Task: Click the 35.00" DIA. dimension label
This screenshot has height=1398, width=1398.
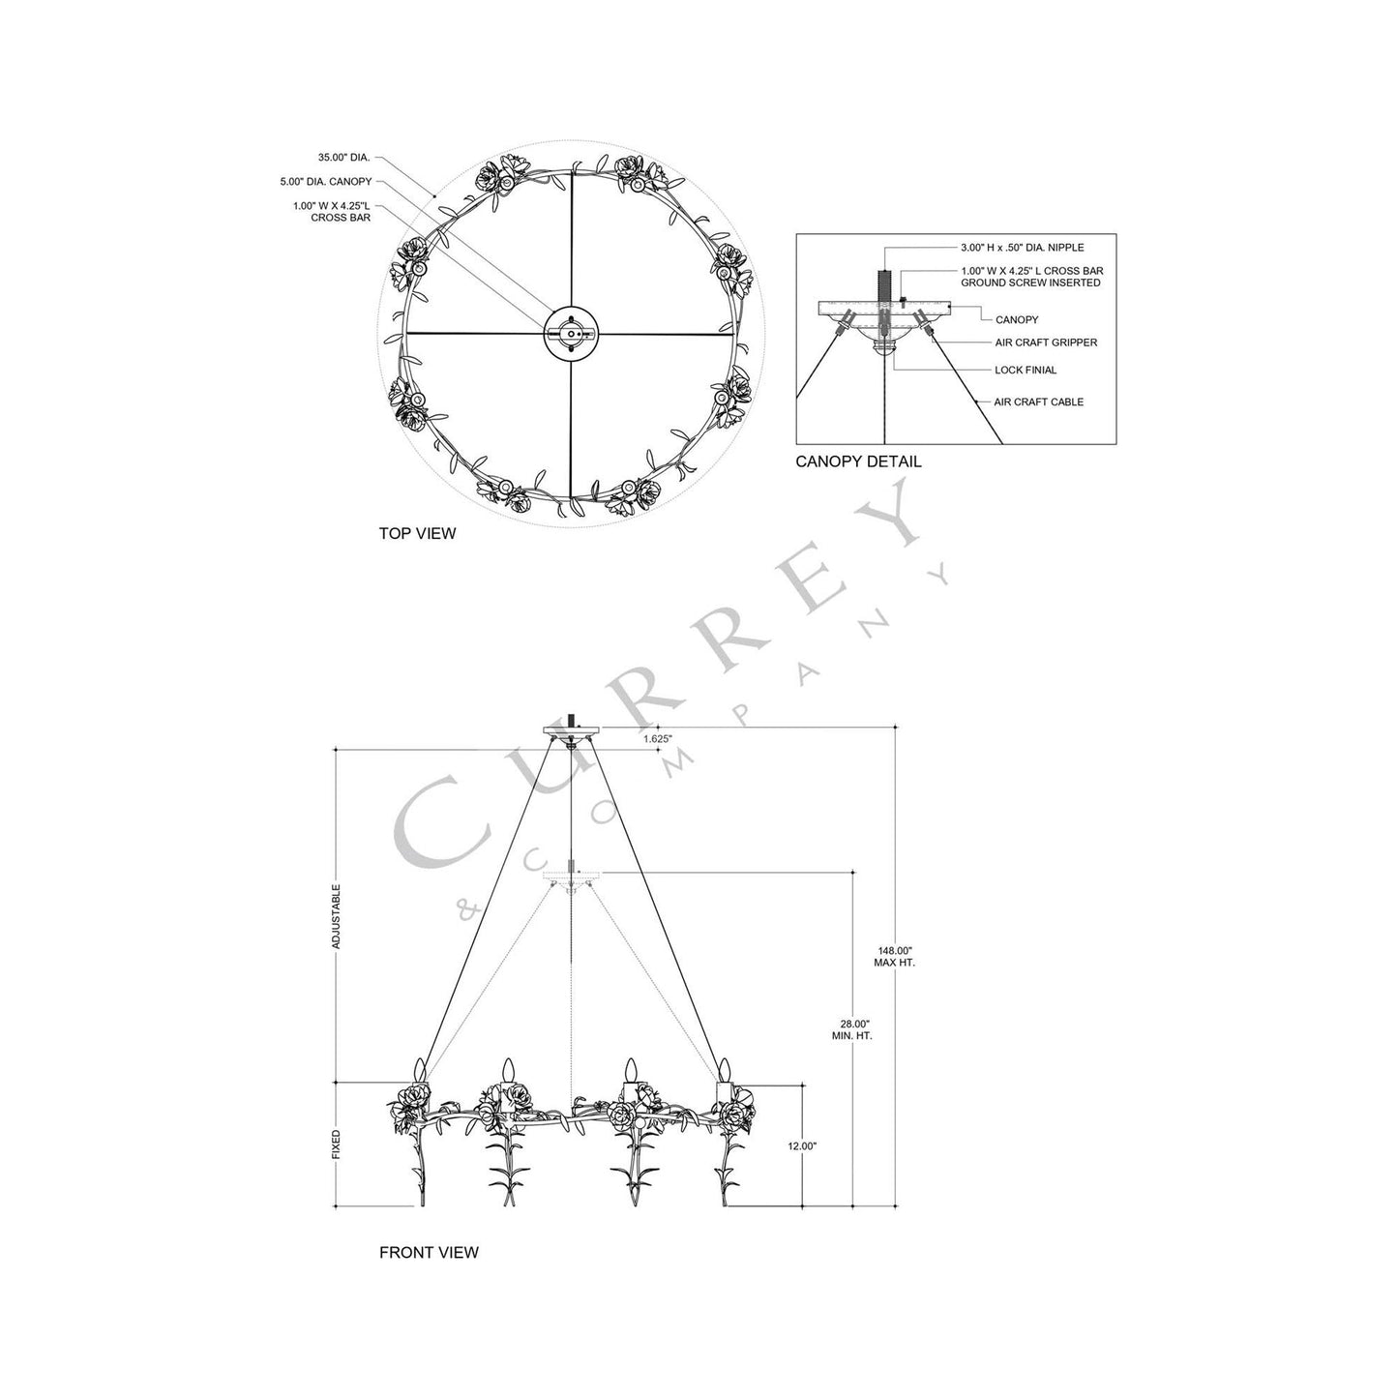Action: coord(343,157)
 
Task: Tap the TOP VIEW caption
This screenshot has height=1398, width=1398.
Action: coord(417,533)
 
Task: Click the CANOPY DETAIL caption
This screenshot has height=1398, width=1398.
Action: coord(858,461)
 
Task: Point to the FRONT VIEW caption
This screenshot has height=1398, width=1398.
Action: coord(429,1252)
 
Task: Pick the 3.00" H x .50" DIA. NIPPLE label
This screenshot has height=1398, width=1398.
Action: coord(1022,248)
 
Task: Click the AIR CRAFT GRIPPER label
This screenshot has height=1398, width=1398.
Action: coord(1046,342)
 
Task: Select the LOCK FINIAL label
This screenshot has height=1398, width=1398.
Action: coord(1026,370)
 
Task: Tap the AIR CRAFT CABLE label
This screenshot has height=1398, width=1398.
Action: coord(1039,402)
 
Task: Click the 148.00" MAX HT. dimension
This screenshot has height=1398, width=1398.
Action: coord(894,957)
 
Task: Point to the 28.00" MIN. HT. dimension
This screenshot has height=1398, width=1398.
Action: coord(851,1029)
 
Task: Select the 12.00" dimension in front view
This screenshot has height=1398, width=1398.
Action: coord(802,1145)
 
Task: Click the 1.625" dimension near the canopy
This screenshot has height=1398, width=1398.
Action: coord(658,738)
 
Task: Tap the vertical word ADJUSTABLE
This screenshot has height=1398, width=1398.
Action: coord(337,914)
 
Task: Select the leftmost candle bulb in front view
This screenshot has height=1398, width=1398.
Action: coord(421,1071)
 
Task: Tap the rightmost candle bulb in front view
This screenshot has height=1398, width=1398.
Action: coord(722,1070)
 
